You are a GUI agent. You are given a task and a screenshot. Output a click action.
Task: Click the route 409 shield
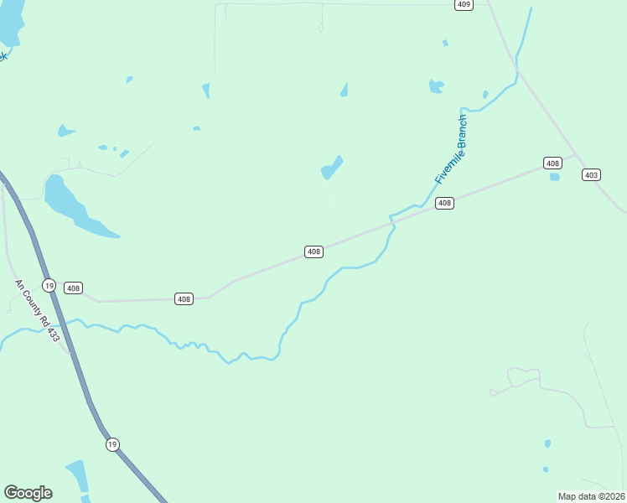coord(464,4)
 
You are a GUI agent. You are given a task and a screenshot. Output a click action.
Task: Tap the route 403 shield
coord(592,174)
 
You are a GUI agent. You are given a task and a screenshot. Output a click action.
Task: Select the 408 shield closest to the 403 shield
coord(552,163)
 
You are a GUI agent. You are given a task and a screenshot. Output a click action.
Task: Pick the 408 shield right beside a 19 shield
coord(74,288)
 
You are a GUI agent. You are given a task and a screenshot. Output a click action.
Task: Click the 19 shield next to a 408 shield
coord(49,285)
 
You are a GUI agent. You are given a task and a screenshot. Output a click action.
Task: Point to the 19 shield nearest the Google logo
coord(112,443)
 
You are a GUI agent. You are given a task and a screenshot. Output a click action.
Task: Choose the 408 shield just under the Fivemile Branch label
coord(444,203)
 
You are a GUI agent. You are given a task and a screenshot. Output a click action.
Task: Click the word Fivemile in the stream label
coord(444,167)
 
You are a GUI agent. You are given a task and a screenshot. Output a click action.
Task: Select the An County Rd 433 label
coord(38,310)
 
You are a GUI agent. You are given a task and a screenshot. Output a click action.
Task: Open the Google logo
coord(28,492)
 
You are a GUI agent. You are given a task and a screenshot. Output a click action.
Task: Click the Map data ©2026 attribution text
coord(592,496)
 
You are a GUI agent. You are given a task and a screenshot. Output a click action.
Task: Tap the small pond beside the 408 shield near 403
coord(554,177)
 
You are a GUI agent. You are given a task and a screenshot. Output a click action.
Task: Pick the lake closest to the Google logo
coord(79,478)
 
